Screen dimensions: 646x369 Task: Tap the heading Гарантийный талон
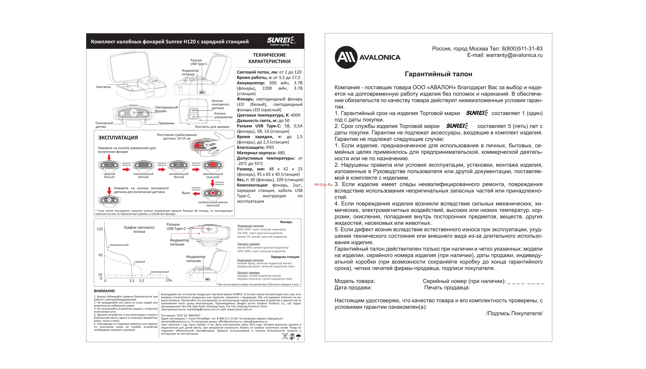pyautogui.click(x=438, y=74)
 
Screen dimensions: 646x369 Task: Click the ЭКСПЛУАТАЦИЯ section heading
pyautogui.click(x=118, y=138)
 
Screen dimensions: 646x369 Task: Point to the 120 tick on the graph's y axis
pyautogui.click(x=100, y=229)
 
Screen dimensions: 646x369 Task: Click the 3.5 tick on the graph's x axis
pyautogui.click(x=132, y=281)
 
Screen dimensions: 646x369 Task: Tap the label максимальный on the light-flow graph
pyautogui.click(x=119, y=245)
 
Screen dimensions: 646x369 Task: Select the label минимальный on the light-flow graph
pyautogui.click(x=160, y=272)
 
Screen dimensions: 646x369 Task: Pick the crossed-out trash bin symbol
pyautogui.click(x=285, y=336)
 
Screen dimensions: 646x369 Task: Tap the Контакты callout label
pyautogui.click(x=104, y=87)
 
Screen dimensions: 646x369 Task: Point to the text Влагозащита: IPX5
pyautogui.click(x=256, y=147)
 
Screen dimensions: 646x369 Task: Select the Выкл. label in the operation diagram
pyautogui.click(x=186, y=193)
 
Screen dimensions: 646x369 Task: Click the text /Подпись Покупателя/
pyautogui.click(x=514, y=314)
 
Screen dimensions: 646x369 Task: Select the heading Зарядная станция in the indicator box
pyautogui.click(x=285, y=257)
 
